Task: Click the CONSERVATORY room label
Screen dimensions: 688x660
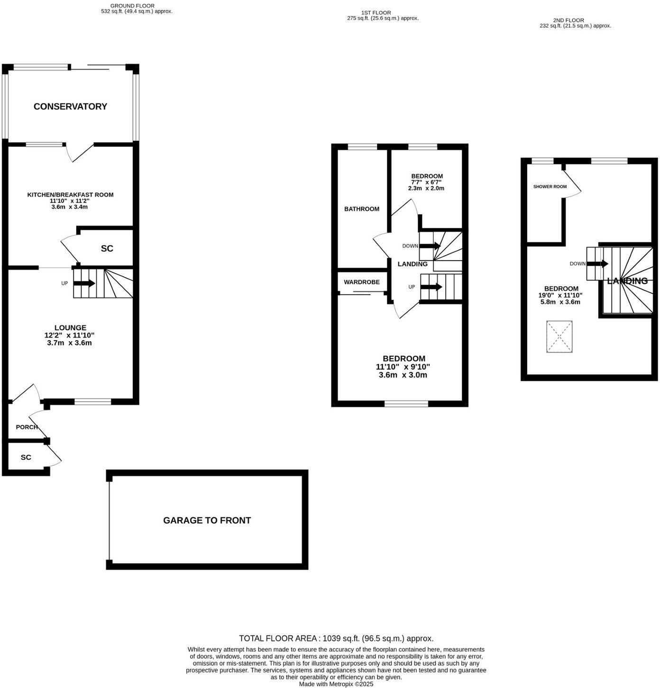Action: [70, 107]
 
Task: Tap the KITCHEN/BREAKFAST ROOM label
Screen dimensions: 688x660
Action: [70, 195]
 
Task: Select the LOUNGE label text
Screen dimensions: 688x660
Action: [70, 327]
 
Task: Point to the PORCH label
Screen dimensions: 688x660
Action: [27, 427]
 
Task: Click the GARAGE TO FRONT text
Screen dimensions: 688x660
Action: [207, 520]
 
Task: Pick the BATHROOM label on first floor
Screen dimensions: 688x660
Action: [361, 209]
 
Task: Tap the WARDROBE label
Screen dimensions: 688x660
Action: [361, 282]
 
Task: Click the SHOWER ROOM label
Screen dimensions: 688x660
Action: [550, 187]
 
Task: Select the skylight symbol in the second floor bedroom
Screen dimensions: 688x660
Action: [559, 336]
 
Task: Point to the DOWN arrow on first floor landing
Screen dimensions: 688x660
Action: [430, 246]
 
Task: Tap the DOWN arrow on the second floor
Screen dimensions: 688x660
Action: [597, 263]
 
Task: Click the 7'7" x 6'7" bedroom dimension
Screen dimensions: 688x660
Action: [426, 182]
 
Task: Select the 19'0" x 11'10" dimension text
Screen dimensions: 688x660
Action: [561, 295]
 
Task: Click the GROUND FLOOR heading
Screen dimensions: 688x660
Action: [132, 6]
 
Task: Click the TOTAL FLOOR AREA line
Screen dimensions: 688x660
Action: [336, 638]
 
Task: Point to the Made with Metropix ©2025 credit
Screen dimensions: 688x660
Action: [336, 684]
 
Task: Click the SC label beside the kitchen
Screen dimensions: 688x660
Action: [107, 249]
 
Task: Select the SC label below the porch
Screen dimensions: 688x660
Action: [26, 457]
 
